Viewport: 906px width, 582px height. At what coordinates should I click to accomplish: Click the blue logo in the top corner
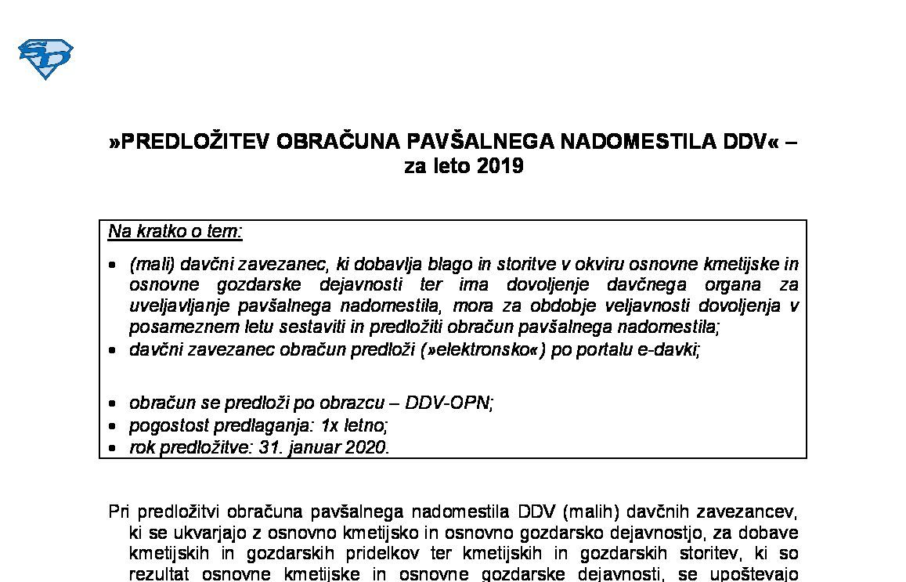click(x=45, y=59)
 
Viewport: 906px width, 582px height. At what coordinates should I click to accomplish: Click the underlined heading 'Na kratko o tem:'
click(x=175, y=231)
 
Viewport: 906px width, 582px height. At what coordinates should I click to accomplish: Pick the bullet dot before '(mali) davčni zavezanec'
click(x=114, y=266)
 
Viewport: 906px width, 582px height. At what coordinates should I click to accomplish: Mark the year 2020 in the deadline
click(x=367, y=447)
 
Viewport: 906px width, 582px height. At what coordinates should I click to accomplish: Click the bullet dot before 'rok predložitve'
click(x=114, y=449)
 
